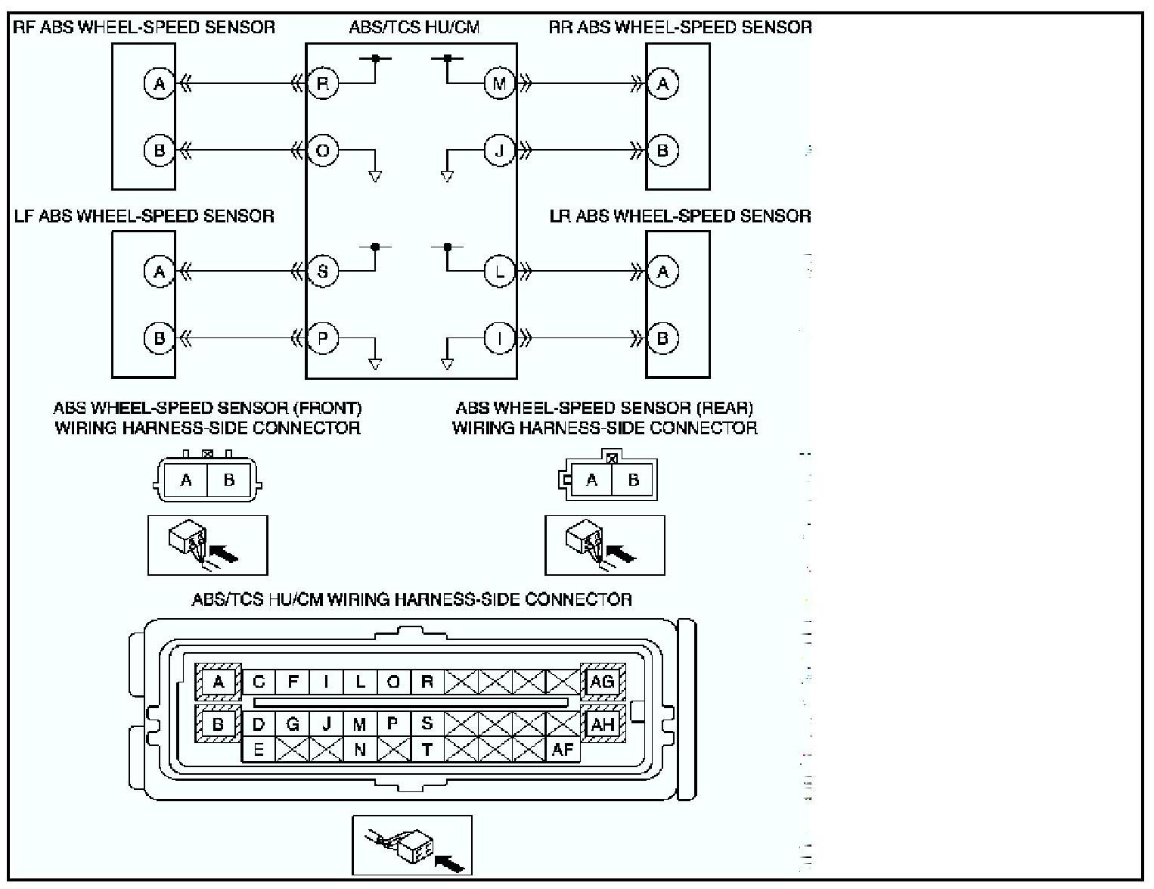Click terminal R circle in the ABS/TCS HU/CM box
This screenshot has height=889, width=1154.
323,83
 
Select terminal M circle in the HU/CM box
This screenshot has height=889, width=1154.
499,83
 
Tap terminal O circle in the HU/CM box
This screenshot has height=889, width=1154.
323,151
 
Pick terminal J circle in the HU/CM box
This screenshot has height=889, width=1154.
499,151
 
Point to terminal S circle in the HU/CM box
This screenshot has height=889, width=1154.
323,272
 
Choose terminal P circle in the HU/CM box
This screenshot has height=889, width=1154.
323,337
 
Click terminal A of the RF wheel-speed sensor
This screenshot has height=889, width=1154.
160,83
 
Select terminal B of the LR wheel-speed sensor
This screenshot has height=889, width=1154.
662,337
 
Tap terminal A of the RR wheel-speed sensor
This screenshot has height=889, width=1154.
662,83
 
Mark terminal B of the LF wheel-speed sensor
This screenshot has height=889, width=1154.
160,337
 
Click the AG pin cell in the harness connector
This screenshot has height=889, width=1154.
603,682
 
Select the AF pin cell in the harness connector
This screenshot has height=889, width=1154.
563,749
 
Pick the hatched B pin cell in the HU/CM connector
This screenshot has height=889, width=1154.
218,724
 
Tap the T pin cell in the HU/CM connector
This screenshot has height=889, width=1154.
427,749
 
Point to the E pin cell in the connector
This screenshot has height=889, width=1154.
259,749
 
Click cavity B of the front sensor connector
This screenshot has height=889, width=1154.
229,480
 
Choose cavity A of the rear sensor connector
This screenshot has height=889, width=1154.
591,480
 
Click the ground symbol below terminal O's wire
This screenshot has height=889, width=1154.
375,176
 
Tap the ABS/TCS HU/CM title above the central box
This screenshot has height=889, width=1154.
414,27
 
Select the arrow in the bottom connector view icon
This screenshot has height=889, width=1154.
449,863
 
